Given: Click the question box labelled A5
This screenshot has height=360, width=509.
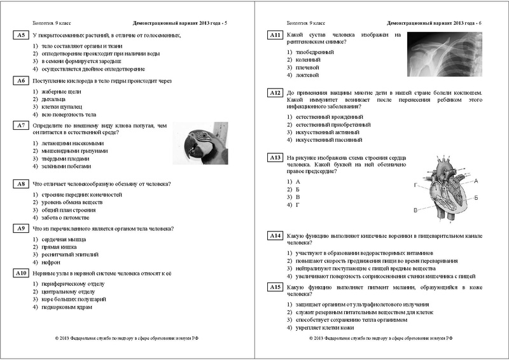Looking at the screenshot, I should (21, 34).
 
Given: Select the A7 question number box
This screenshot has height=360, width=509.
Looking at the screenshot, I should (21, 127).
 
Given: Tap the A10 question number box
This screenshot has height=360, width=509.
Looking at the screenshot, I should (21, 273).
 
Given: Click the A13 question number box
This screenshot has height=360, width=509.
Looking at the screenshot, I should (275, 158).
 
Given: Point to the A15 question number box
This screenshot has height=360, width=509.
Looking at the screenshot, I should (275, 287).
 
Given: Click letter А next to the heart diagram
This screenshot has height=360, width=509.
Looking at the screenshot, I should (476, 181).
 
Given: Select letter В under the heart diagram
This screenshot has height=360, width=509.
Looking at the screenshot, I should (416, 209).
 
